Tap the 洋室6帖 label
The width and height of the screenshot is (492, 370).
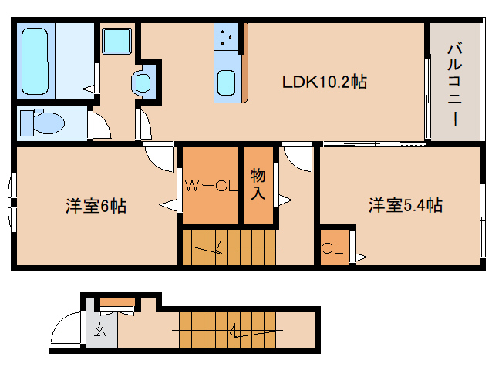point(96,206)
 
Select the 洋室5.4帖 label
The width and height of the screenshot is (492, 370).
point(405,205)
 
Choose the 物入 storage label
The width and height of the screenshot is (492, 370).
point(258,185)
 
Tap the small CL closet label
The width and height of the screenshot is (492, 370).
point(332,248)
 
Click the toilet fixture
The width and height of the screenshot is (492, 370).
point(42,122)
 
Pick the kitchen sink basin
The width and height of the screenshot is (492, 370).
point(226,82)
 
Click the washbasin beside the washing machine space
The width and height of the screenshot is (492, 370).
point(143,82)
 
